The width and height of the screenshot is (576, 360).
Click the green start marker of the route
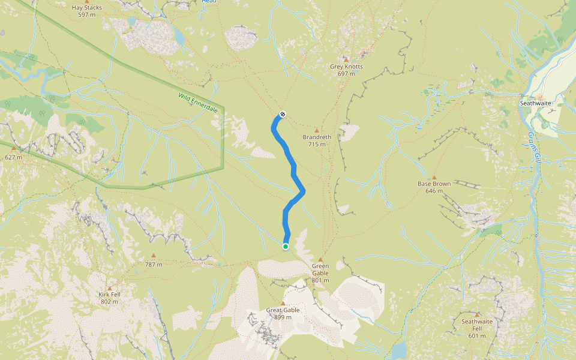click(x=286, y=246)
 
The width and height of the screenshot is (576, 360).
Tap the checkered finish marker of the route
click(x=283, y=114)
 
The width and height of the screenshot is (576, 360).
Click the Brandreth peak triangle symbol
click(x=317, y=130)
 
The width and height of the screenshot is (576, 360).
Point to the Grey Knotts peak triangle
click(x=346, y=59)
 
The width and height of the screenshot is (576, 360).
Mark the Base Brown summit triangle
click(x=434, y=178)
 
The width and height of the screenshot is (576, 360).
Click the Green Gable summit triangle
click(x=320, y=260)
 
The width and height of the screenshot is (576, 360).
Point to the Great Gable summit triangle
click(x=283, y=304)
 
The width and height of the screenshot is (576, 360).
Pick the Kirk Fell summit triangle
click(x=109, y=288)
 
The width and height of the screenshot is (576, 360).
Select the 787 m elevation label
click(x=154, y=264)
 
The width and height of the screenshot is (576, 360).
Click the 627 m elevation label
click(x=14, y=157)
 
